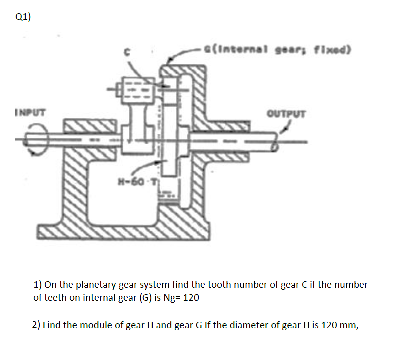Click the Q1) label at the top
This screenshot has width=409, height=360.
tap(22, 17)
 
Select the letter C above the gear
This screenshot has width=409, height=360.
tap(128, 51)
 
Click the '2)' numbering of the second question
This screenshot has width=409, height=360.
tap(36, 325)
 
